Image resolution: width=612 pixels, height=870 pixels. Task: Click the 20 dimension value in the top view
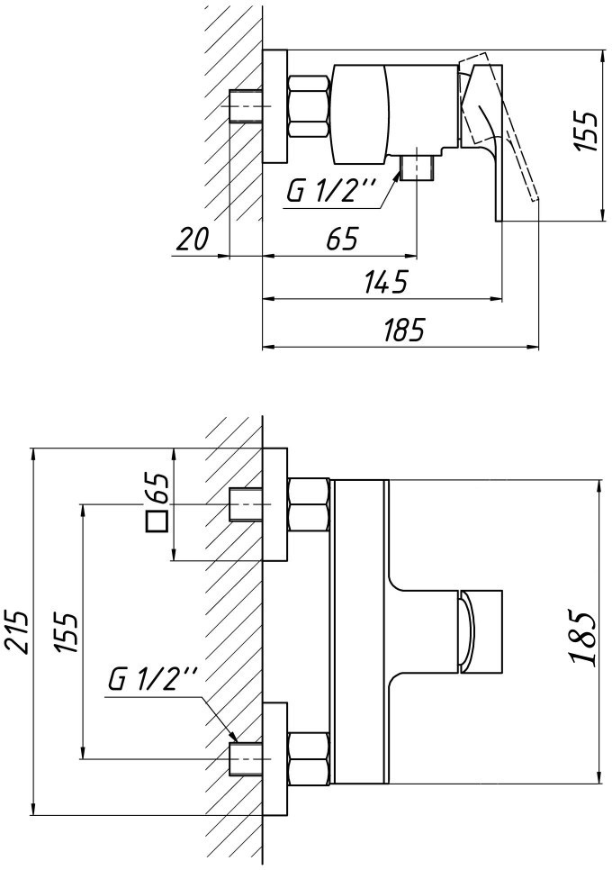[x=193, y=239]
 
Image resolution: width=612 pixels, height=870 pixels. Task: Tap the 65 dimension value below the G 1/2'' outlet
[x=342, y=240]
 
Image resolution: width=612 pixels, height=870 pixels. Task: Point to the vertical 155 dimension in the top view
[x=585, y=131]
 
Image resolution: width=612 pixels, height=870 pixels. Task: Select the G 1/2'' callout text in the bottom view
[x=152, y=679]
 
